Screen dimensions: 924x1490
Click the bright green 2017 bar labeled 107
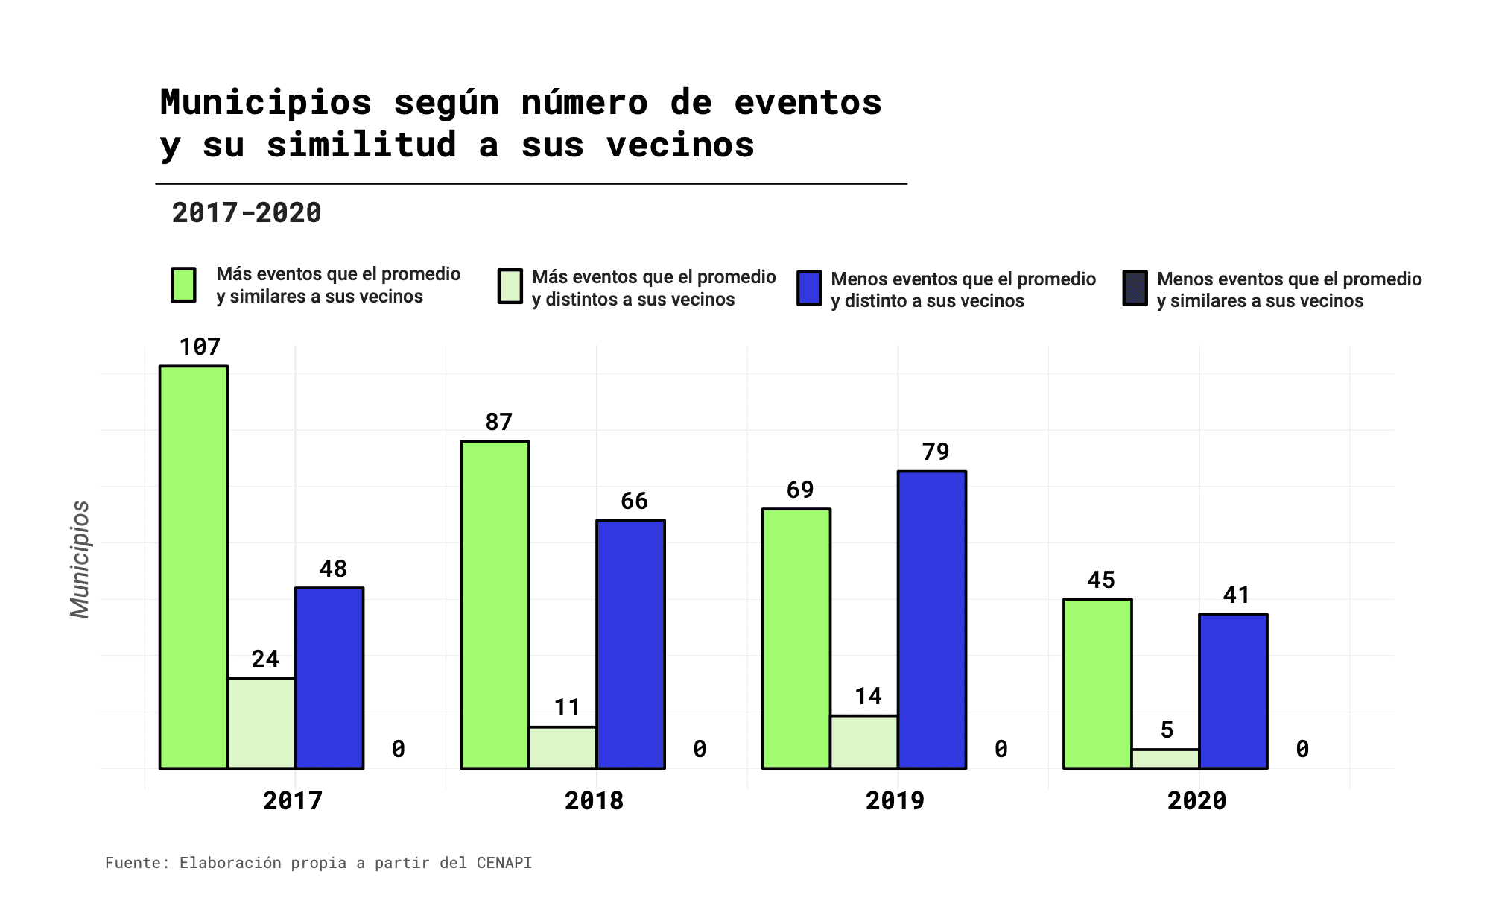(194, 566)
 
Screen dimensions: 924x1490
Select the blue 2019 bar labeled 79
(932, 619)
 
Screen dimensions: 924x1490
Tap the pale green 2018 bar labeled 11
(563, 747)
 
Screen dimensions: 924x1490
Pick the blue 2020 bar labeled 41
(1233, 691)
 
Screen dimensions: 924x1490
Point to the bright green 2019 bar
(796, 638)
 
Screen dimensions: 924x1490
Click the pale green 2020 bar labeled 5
(1166, 759)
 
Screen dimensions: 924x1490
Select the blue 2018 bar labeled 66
(631, 644)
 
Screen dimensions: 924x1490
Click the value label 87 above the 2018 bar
(499, 423)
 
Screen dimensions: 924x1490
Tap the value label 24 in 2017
(265, 659)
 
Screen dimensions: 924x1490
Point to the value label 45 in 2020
(1101, 580)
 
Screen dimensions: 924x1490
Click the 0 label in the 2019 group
(1001, 750)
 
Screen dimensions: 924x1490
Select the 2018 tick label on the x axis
(594, 801)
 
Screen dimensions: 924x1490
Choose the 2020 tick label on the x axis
(1196, 801)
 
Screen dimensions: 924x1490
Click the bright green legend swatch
(183, 285)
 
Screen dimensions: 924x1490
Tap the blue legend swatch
(809, 288)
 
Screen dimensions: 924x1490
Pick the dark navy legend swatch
(1135, 288)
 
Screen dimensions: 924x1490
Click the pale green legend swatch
(510, 287)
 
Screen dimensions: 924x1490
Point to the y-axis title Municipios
(80, 559)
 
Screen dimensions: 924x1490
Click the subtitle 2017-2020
(247, 213)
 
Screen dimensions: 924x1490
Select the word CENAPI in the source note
(504, 863)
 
